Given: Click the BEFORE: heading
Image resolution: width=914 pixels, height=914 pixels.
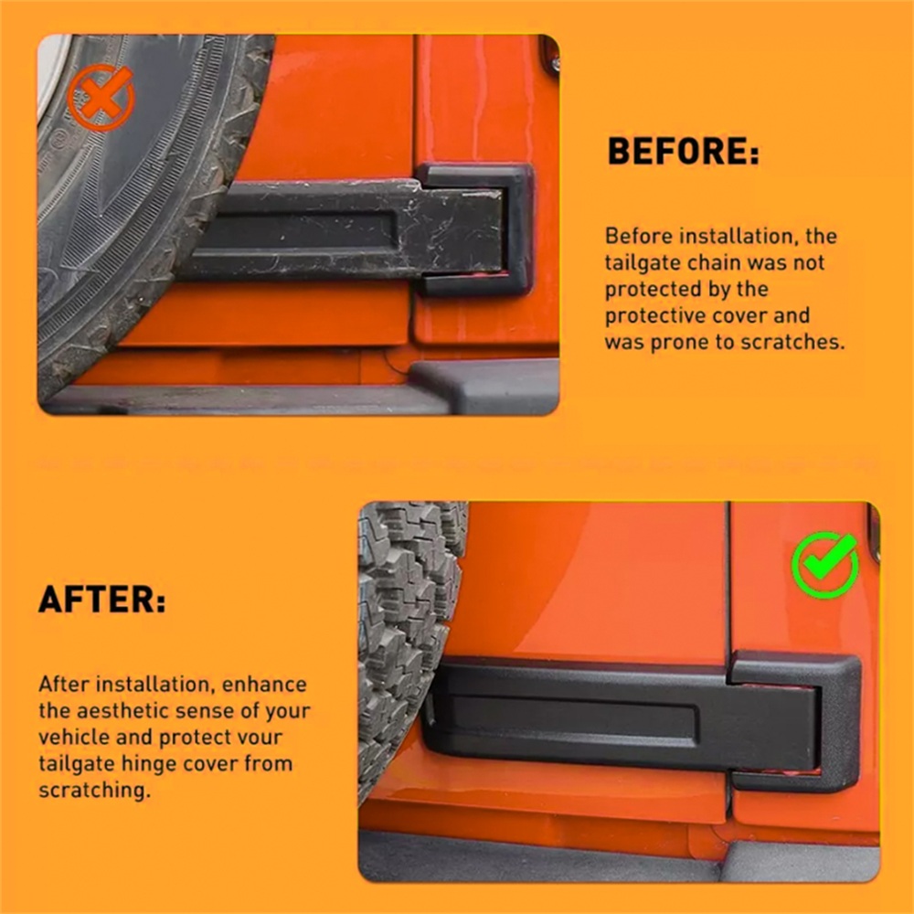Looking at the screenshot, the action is click(683, 152).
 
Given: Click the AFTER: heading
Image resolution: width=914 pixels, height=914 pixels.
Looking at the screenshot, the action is click(102, 600).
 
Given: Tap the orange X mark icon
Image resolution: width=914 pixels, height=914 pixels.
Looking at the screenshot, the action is click(101, 98).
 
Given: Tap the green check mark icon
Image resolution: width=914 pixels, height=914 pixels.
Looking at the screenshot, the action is click(825, 564).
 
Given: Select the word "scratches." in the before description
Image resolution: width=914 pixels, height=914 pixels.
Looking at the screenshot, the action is click(792, 342).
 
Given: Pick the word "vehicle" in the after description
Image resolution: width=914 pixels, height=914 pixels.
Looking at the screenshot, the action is click(74, 737).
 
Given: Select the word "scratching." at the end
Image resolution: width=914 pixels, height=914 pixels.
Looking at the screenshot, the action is click(94, 791).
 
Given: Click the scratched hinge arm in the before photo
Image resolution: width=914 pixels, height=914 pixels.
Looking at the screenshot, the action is click(344, 229).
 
